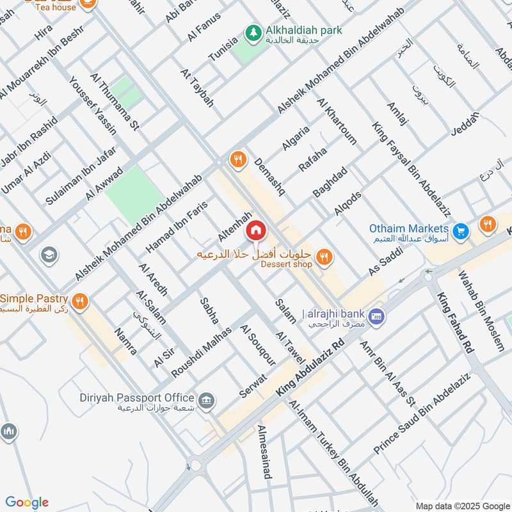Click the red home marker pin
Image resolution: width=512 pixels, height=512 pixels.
point(256,230)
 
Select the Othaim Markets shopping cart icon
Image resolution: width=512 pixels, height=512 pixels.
point(460,230)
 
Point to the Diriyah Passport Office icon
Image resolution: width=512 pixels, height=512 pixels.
point(206,401)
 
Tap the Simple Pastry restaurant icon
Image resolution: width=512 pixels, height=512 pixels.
point(80,302)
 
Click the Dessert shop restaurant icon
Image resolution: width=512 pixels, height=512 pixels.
point(324,257)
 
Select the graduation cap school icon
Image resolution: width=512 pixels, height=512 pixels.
point(47,255)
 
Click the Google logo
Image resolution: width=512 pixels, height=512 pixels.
point(27,502)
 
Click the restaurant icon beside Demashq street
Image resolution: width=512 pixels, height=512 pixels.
point(239,159)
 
